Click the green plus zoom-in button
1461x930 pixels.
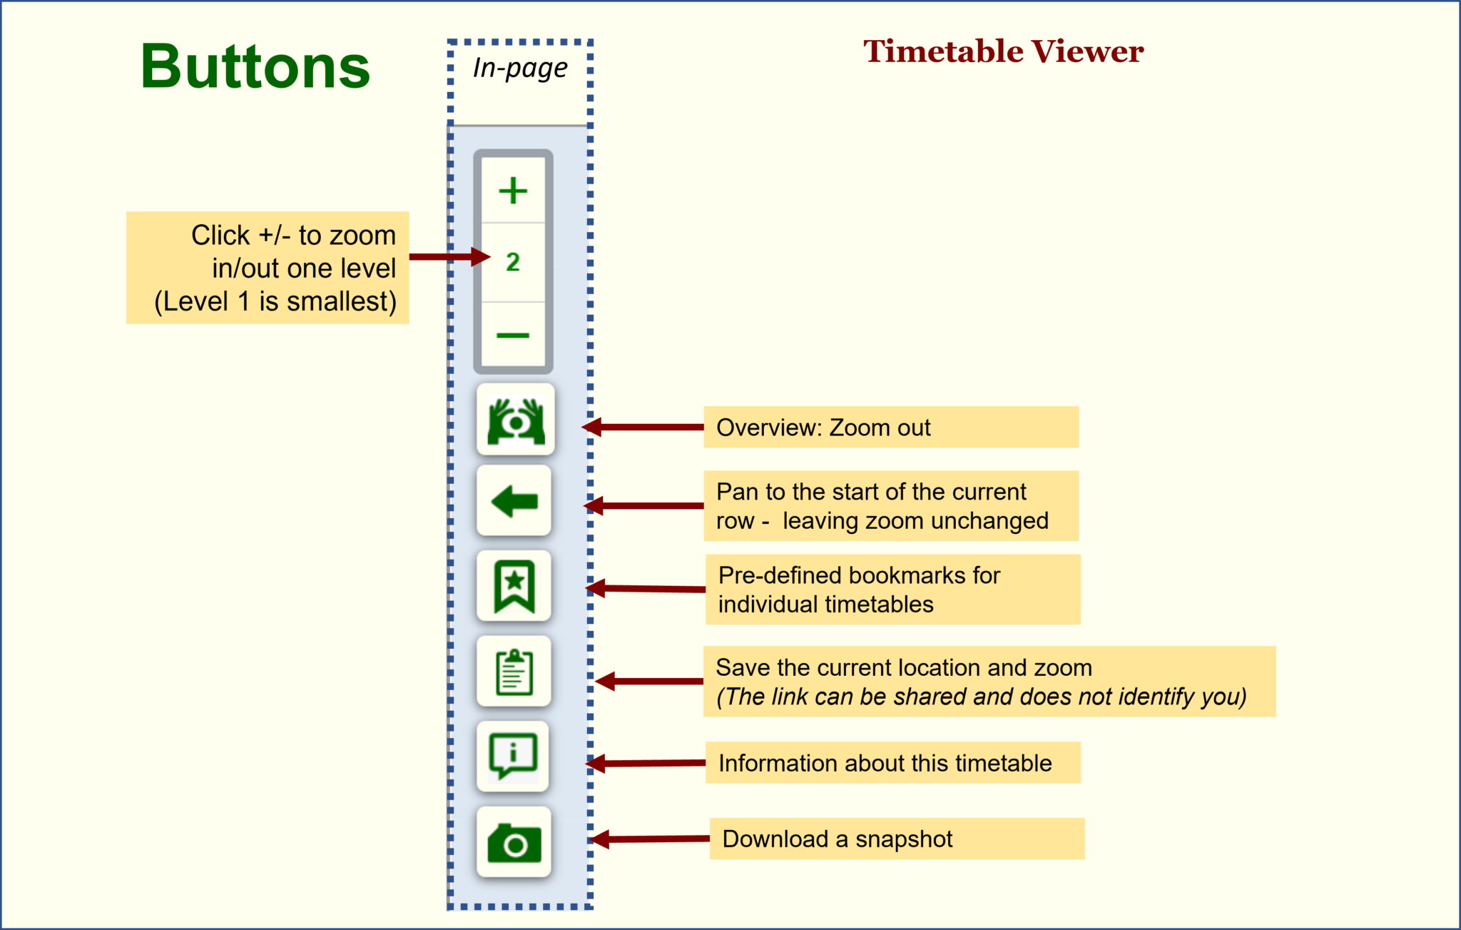513,191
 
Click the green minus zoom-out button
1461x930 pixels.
513,335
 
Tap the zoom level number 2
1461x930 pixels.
513,262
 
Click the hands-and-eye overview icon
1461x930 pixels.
515,420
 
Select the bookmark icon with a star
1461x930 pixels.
514,586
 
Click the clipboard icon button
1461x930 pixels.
514,672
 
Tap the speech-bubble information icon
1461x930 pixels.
513,756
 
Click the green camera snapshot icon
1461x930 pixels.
514,843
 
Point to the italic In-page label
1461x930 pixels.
520,69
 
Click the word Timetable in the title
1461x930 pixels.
943,51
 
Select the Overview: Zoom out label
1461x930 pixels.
823,428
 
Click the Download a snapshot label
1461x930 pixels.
837,839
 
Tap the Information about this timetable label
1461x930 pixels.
885,763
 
